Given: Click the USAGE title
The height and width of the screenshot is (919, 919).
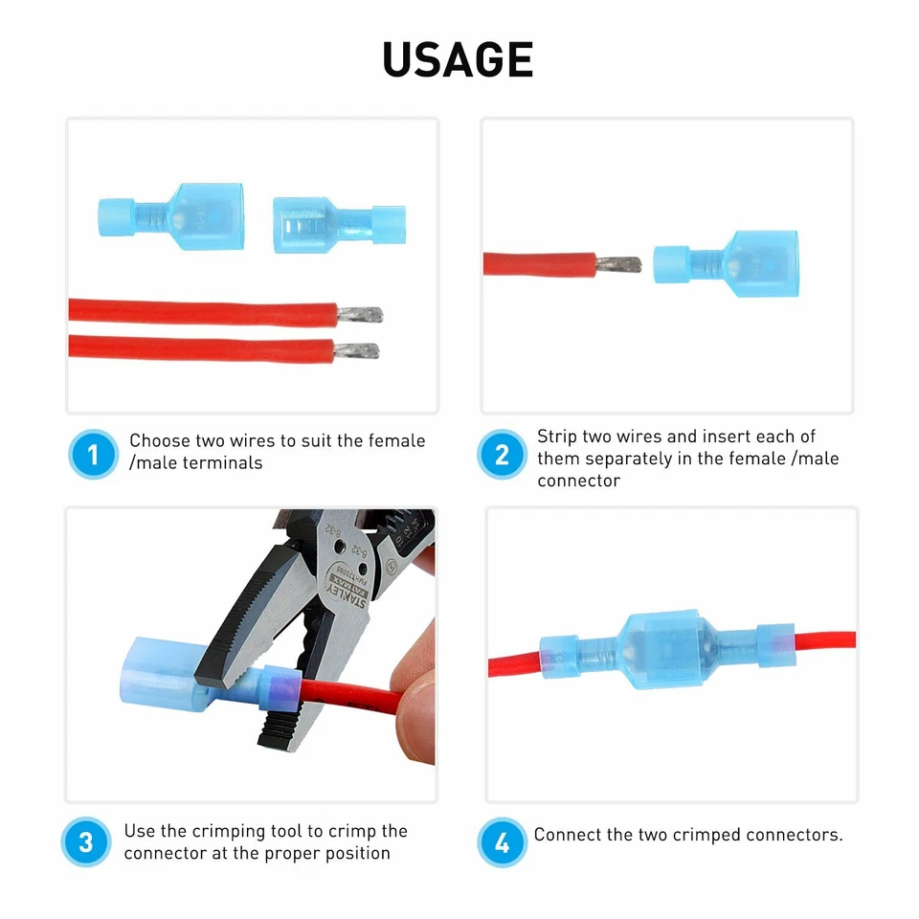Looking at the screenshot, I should [x=458, y=60].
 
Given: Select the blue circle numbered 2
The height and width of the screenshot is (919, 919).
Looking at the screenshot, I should [x=502, y=455].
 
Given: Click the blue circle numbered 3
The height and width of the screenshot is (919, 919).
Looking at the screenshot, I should [x=86, y=842].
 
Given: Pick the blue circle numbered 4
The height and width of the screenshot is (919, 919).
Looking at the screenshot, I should [x=502, y=842].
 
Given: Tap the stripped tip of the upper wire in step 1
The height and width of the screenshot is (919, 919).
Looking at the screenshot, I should [x=361, y=313].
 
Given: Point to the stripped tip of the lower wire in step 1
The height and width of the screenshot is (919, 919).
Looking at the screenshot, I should [x=356, y=350].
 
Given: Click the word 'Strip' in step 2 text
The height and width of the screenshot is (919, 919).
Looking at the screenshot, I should [x=557, y=437].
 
